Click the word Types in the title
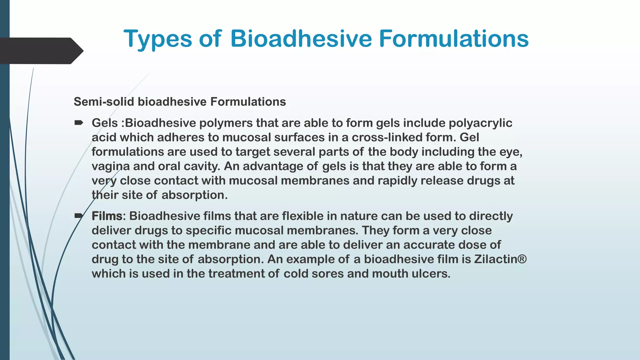click(158, 39)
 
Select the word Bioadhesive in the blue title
click(301, 38)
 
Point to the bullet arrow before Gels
click(79, 123)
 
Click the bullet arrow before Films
click(79, 216)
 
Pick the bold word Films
click(107, 216)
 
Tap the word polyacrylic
click(480, 123)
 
